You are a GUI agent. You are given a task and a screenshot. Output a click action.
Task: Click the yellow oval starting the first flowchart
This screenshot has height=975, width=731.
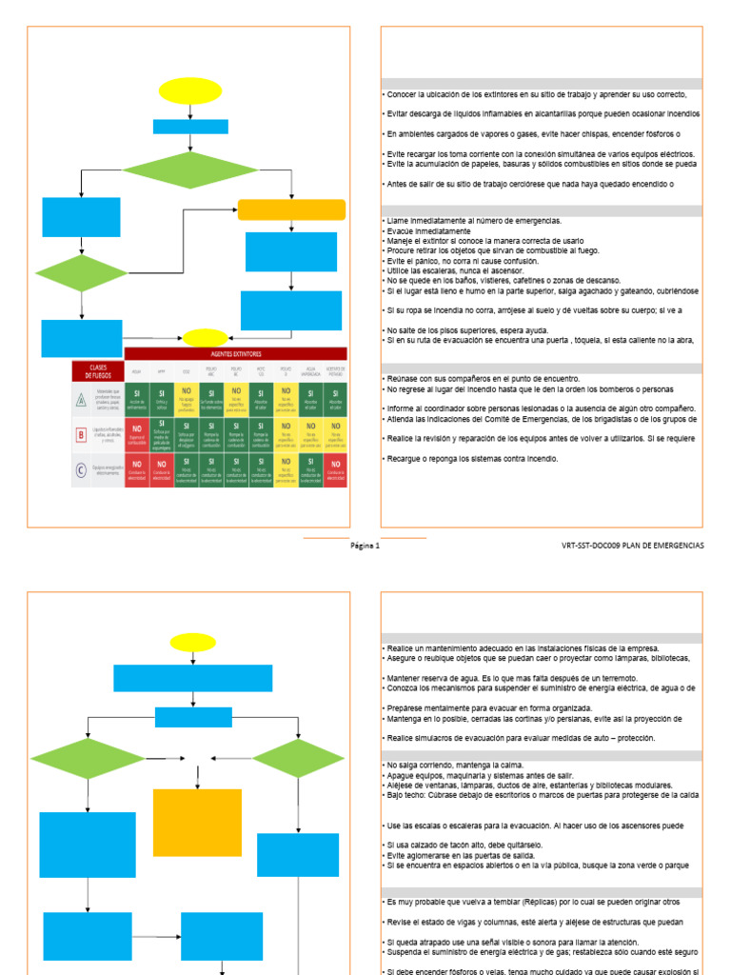point(190,91)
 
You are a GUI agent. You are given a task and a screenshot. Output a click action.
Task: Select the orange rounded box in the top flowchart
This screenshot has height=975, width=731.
point(291,210)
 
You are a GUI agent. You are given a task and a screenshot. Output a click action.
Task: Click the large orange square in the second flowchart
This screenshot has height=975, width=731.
point(197,823)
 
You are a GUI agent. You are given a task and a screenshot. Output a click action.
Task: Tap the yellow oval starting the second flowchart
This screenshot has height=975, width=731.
point(193,643)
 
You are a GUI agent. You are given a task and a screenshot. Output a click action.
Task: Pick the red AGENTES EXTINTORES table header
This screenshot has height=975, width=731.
point(235,353)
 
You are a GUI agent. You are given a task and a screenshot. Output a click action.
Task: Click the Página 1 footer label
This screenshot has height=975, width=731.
point(365,547)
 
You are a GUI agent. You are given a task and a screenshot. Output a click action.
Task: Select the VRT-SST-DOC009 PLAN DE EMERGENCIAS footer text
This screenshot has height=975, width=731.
point(633,547)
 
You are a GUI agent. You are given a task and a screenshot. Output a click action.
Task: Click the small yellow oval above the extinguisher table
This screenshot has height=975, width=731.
point(206,337)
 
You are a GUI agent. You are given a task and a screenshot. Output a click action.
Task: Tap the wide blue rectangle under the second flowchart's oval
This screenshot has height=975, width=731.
point(193,678)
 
